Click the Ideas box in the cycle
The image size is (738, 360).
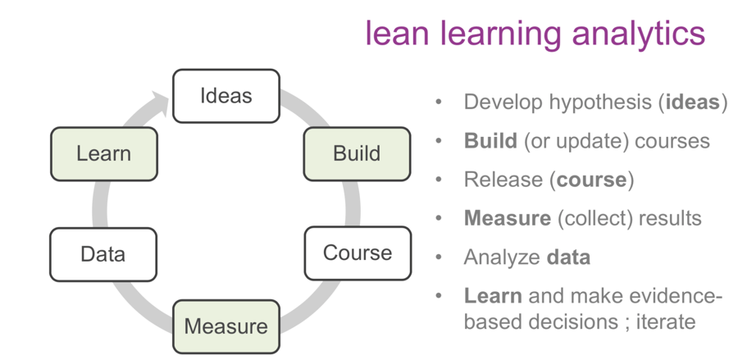[x=226, y=96]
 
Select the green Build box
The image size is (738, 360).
[x=357, y=153]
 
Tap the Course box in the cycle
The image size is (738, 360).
[x=358, y=253]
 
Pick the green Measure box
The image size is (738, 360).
[x=226, y=326]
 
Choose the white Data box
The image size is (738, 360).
[x=103, y=254]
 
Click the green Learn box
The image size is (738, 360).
[x=103, y=153]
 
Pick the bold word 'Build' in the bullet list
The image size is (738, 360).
[x=490, y=141]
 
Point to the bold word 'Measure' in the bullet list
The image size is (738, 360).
[x=507, y=218]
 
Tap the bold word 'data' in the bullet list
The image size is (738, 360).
[x=568, y=257]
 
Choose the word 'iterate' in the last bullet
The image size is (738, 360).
[x=663, y=321]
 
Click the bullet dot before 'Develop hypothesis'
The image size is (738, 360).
[x=440, y=103]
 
